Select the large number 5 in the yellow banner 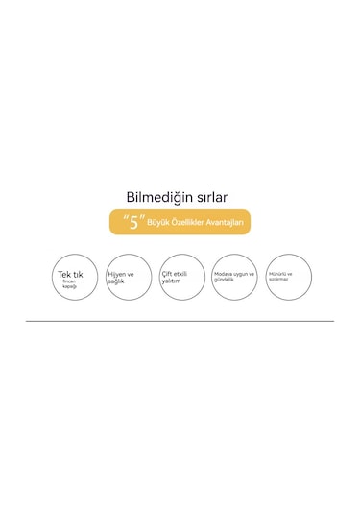pyautogui.click(x=134, y=223)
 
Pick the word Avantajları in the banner pyautogui.click(x=228, y=223)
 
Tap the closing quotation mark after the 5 pyautogui.click(x=144, y=218)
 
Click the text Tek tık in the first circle pyautogui.click(x=70, y=274)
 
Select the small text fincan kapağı pyautogui.click(x=69, y=283)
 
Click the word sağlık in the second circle pyautogui.click(x=116, y=281)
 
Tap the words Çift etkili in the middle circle pyautogui.click(x=176, y=274)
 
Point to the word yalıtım pyautogui.click(x=171, y=281)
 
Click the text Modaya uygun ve pyautogui.click(x=234, y=274)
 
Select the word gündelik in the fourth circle pyautogui.click(x=224, y=280)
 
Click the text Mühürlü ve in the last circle pyautogui.click(x=282, y=273)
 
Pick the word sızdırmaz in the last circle pyautogui.click(x=280, y=279)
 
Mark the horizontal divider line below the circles pyautogui.click(x=180, y=321)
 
